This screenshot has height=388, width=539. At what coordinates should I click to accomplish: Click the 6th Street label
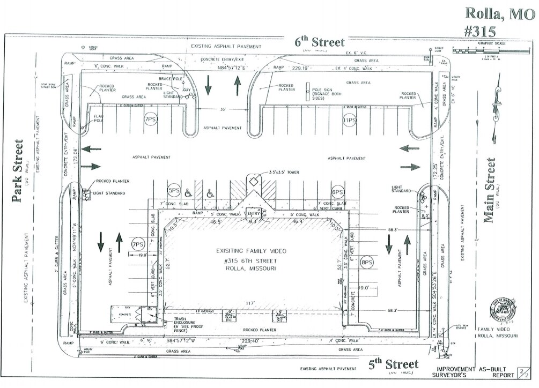point(319,42)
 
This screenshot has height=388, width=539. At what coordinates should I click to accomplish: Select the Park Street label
point(18,171)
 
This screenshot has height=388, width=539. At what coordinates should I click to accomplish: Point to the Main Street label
point(489,190)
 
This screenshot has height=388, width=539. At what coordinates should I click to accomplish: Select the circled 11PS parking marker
point(350,121)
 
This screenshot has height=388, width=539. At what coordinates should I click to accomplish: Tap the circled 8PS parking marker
point(367,263)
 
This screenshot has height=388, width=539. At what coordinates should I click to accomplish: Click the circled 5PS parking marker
point(173,190)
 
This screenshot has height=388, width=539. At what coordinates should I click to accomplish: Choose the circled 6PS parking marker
point(337,192)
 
